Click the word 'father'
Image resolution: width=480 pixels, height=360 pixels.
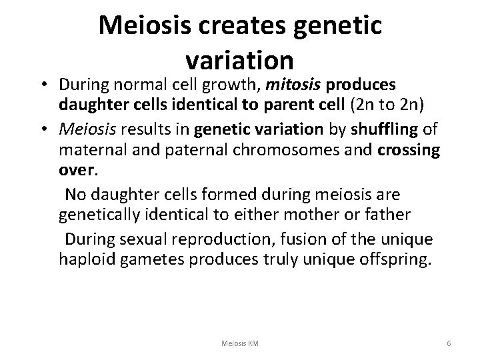pyautogui.click(x=407, y=214)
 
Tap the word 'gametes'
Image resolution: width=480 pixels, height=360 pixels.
pyautogui.click(x=153, y=258)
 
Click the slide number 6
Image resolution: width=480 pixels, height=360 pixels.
pyautogui.click(x=449, y=343)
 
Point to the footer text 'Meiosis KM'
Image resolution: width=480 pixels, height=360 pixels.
pyautogui.click(x=241, y=343)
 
